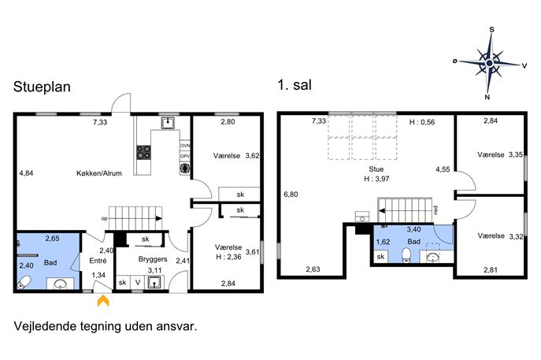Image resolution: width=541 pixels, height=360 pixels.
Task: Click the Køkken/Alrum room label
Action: (99, 173)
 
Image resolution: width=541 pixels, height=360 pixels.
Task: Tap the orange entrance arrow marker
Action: (103, 300)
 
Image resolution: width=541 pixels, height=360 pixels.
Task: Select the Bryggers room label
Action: (153, 259)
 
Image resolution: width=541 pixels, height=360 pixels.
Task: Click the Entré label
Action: (98, 261)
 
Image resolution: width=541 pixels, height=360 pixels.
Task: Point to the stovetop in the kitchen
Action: (143, 152)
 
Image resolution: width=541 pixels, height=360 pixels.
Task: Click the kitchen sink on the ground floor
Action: (168, 123)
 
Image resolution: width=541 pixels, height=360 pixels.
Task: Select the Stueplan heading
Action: (42, 87)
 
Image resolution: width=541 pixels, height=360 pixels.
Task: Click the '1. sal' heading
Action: (295, 85)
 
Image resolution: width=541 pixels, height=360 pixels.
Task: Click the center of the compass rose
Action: (489, 63)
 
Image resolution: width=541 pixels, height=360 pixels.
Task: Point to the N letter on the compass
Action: (487, 98)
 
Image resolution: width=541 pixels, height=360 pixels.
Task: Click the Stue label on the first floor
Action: (376, 169)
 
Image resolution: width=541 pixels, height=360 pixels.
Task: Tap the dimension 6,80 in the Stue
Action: (291, 195)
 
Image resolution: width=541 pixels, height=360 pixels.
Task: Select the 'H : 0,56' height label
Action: (422, 122)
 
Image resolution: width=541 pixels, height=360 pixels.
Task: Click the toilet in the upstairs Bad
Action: (407, 255)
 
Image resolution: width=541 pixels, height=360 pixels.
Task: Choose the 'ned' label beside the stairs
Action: (435, 210)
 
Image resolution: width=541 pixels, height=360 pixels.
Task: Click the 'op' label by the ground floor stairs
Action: (104, 219)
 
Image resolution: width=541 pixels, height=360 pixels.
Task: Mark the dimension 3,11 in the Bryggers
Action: (155, 270)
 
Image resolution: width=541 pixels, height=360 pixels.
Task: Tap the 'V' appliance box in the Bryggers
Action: (138, 283)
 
